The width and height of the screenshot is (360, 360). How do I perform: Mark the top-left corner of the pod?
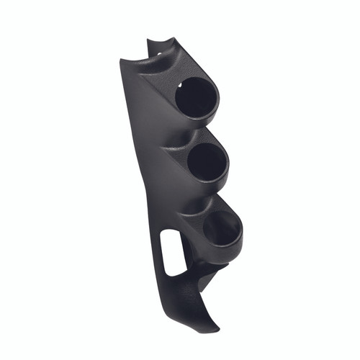click(120, 60)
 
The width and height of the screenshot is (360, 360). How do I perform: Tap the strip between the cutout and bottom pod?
click(188, 245)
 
